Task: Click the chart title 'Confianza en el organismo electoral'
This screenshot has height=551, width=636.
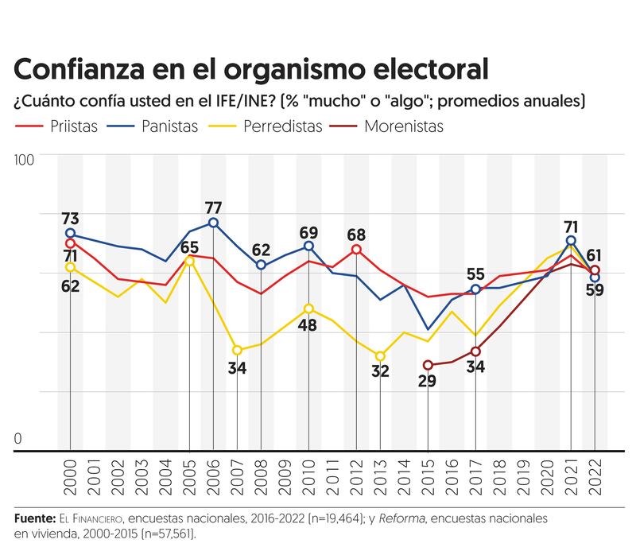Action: tap(250, 68)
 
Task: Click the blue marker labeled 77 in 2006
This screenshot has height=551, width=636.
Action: tap(213, 223)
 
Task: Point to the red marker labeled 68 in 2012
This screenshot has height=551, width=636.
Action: tap(356, 250)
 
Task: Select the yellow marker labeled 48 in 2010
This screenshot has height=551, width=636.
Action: tap(308, 308)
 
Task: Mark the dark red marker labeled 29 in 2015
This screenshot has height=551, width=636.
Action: tap(428, 365)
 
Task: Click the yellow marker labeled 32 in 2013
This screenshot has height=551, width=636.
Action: tap(380, 356)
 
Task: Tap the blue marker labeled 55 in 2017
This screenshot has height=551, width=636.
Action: tap(475, 289)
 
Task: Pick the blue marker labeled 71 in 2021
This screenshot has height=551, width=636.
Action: tap(571, 240)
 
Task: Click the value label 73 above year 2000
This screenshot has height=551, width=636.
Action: tap(70, 219)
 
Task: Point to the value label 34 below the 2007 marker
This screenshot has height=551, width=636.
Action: tap(237, 368)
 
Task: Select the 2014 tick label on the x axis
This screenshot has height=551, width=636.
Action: tap(404, 475)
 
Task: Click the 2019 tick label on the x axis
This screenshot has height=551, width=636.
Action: tap(523, 475)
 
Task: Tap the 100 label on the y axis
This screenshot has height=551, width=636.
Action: tap(24, 161)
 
